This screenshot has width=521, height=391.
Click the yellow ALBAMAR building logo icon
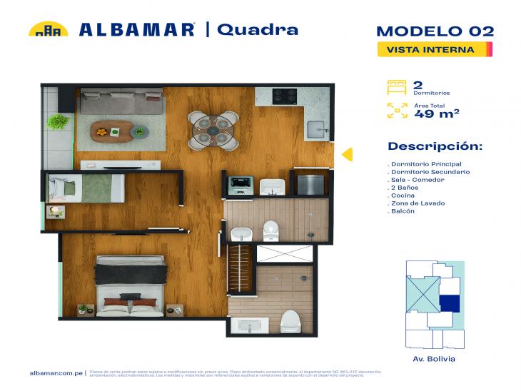(x=49, y=29)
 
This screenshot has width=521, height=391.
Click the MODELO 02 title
(x=435, y=31)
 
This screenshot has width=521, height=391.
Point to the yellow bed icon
(x=397, y=88)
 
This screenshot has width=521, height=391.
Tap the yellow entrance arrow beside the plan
(x=346, y=154)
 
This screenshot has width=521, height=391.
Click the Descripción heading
(x=435, y=146)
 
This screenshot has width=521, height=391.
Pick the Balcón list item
(x=403, y=212)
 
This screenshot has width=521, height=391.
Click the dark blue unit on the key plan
(x=449, y=303)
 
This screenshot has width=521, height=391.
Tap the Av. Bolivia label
(x=434, y=359)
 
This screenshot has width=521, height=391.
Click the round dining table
(x=213, y=129)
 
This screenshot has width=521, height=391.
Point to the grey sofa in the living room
(x=121, y=100)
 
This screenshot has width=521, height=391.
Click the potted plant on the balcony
(x=57, y=122)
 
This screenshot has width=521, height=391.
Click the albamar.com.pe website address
(x=56, y=372)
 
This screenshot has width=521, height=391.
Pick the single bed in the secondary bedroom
(x=86, y=188)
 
